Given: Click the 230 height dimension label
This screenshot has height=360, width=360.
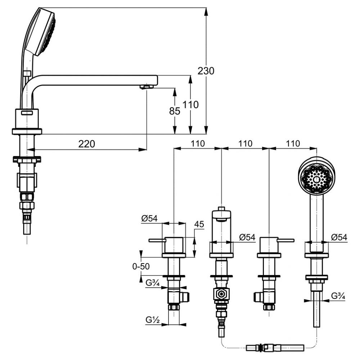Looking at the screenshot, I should pyautogui.click(x=206, y=71).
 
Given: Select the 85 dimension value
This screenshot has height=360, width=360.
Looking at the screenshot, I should pyautogui.click(x=175, y=111).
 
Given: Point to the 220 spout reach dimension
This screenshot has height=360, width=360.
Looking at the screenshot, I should pyautogui.click(x=87, y=144).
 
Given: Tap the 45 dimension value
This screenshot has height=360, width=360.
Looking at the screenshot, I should pyautogui.click(x=199, y=224).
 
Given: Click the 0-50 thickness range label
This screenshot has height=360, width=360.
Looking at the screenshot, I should pyautogui.click(x=141, y=266).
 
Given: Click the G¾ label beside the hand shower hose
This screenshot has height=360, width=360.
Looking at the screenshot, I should pyautogui.click(x=338, y=296).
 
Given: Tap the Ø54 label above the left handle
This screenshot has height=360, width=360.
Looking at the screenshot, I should pyautogui.click(x=149, y=218).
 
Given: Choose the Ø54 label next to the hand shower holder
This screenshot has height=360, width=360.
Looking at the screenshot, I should pyautogui.click(x=339, y=237).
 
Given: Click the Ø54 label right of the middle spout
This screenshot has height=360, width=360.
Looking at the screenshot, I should pyautogui.click(x=247, y=237).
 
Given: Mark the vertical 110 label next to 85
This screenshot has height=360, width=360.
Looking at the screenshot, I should pyautogui.click(x=191, y=105).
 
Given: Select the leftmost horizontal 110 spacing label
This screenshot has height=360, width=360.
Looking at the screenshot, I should pyautogui.click(x=197, y=144).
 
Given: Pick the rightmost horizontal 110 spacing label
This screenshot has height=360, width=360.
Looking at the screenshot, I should pyautogui.click(x=293, y=144).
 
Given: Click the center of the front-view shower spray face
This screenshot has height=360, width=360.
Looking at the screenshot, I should pyautogui.click(x=316, y=179).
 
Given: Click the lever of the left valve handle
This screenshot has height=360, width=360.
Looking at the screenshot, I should pyautogui.click(x=156, y=240).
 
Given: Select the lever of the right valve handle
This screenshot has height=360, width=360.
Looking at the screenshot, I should pyautogui.click(x=286, y=240).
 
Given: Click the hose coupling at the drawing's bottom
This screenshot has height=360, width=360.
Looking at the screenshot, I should pyautogui.click(x=259, y=348).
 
